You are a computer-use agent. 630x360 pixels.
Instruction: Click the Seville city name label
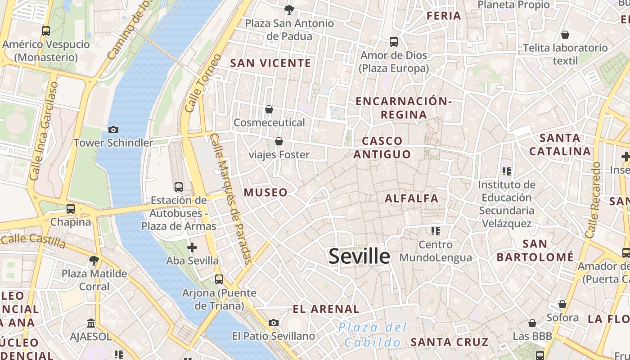359,256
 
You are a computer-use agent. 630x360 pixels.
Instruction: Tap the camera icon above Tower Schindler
113,130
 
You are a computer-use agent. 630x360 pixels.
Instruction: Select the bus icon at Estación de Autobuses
179,187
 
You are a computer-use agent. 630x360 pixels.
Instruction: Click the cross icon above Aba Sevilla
192,247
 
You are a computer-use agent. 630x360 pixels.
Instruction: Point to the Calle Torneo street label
203,84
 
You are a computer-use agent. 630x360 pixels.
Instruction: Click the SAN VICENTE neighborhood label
270,63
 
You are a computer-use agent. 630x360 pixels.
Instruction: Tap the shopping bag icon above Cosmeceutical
269,109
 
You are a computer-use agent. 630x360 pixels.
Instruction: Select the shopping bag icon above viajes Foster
279,141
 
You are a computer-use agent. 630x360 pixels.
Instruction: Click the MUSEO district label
265,193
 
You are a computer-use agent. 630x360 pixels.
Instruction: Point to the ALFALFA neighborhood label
411,198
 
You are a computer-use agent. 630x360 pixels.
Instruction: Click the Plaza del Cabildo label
373,334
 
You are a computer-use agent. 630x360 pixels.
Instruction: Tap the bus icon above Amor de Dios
394,42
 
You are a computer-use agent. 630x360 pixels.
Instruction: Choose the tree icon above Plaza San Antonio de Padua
289,9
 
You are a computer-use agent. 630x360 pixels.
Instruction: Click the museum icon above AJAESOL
91,323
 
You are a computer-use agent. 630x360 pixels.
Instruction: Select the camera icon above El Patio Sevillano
273,323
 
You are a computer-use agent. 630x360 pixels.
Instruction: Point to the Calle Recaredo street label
594,200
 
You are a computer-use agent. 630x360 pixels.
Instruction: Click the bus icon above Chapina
71,209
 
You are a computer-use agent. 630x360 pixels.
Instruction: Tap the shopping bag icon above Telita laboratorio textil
565,35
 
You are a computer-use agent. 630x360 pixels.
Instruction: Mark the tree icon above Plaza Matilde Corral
94,260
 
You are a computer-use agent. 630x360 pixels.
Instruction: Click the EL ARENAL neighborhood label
326,309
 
